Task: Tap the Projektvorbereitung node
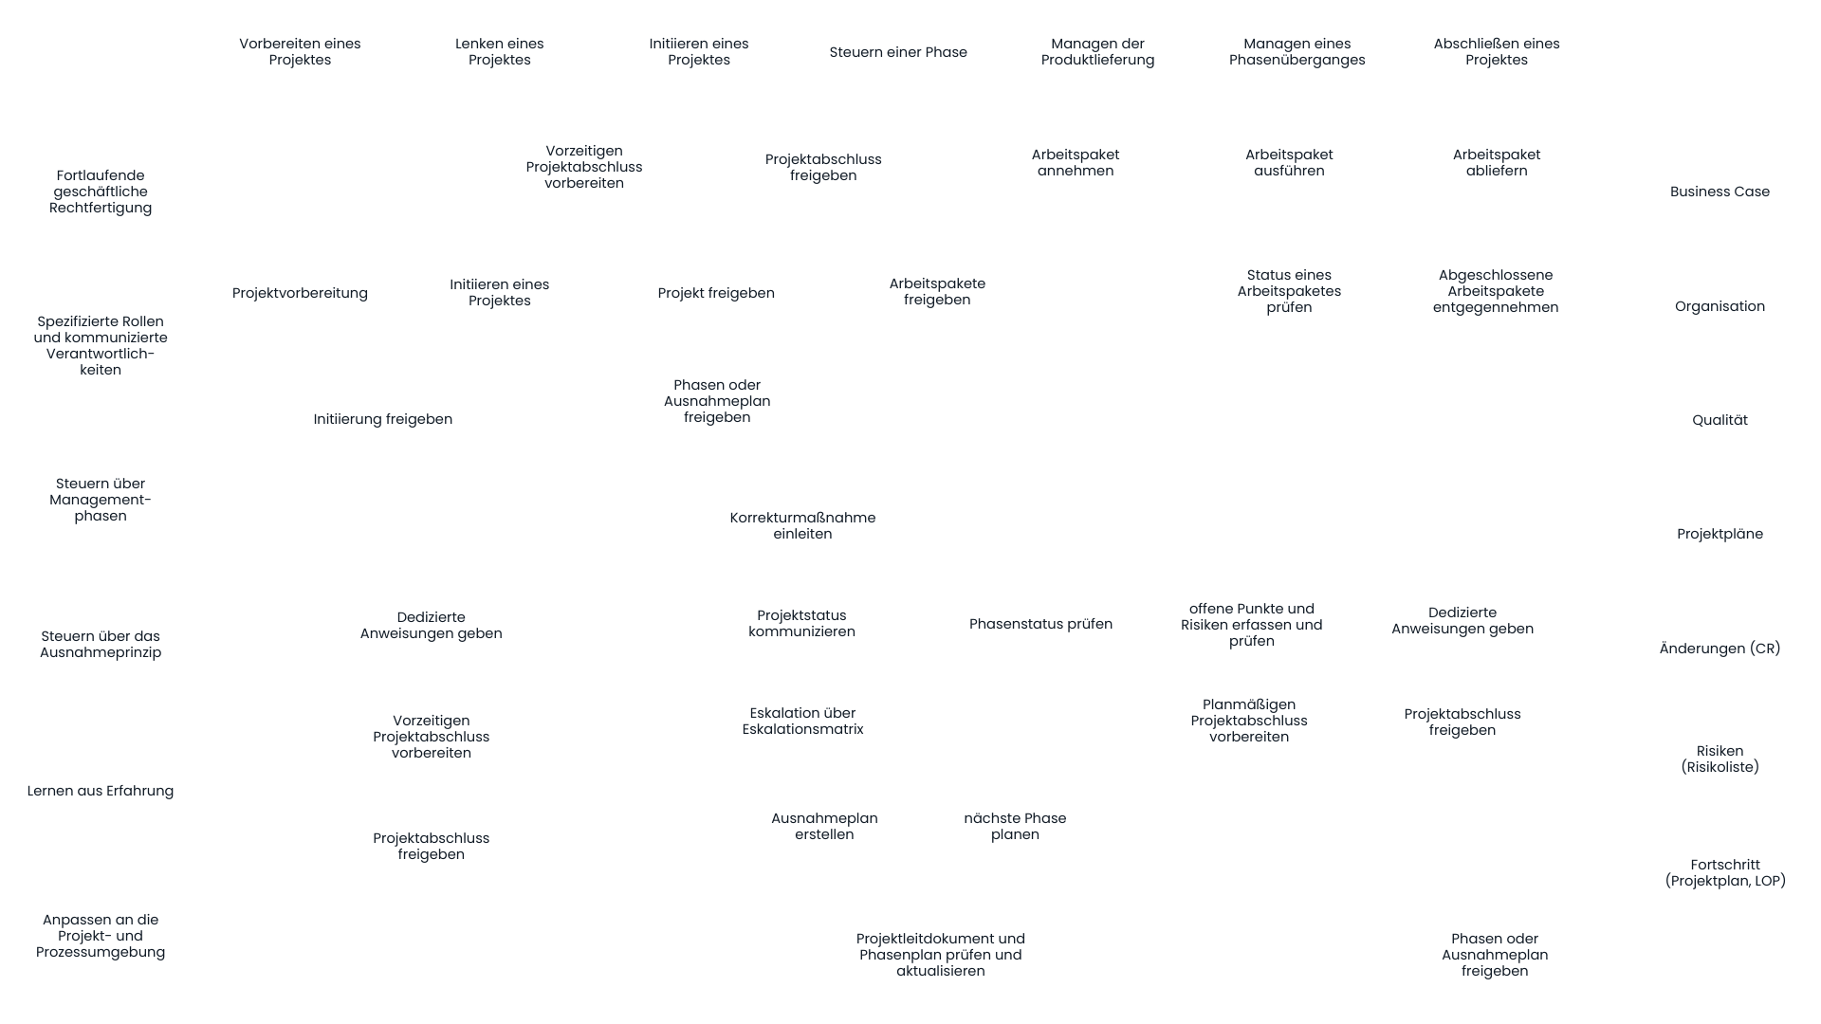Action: tap(300, 294)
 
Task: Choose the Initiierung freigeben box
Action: tap(383, 420)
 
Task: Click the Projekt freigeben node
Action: tap(716, 294)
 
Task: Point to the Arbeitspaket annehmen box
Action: tap(1076, 163)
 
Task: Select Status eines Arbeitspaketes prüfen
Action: tap(1289, 292)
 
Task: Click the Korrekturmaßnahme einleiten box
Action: tap(802, 527)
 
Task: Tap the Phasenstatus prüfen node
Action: tap(1040, 625)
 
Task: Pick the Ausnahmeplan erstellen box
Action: tap(824, 827)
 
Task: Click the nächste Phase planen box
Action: tap(1015, 827)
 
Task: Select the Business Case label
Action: tap(1720, 192)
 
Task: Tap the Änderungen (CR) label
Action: tap(1720, 649)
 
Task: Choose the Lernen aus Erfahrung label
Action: tap(101, 792)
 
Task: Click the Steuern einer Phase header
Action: tap(898, 53)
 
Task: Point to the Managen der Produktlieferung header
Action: tap(1097, 53)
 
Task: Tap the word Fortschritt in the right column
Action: tap(1724, 865)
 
